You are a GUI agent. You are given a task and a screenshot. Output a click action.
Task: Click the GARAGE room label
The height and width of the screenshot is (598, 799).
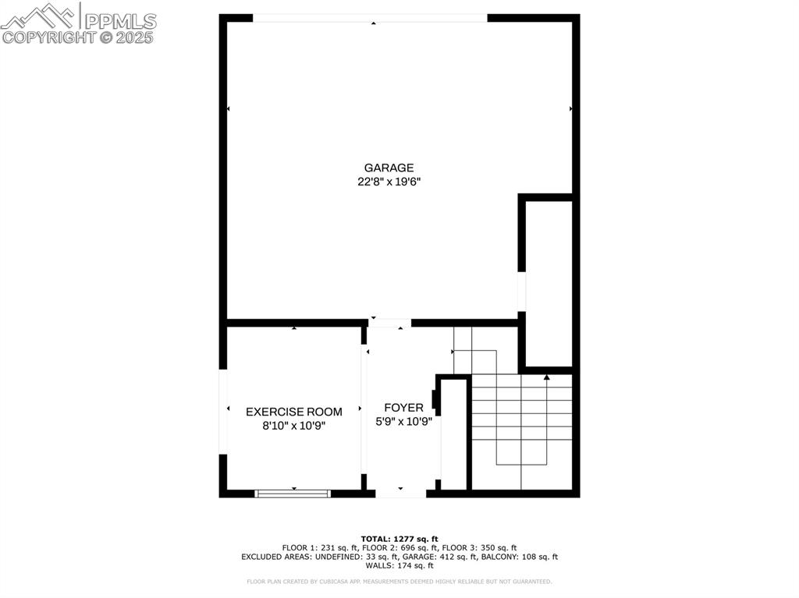click(x=389, y=168)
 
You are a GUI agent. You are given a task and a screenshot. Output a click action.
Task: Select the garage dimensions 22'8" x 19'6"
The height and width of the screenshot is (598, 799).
click(x=389, y=182)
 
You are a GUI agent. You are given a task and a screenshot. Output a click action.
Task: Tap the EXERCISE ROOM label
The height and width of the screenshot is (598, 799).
click(x=294, y=412)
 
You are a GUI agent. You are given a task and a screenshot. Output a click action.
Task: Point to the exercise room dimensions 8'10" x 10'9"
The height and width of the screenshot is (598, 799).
click(x=294, y=426)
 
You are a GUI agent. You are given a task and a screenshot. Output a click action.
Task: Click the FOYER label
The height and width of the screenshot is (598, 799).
click(x=403, y=408)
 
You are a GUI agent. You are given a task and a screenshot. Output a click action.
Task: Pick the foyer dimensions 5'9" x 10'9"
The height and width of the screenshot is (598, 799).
click(x=403, y=422)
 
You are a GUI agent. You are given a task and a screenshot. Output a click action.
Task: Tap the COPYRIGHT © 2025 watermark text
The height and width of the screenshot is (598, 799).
click(x=78, y=37)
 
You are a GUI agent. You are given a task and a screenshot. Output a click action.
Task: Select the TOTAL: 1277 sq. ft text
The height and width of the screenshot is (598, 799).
click(x=399, y=539)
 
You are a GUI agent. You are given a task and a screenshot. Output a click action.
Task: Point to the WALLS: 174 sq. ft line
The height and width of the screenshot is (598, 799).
click(x=399, y=565)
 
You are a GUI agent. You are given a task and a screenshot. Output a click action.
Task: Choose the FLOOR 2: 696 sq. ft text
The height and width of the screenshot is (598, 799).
click(x=399, y=548)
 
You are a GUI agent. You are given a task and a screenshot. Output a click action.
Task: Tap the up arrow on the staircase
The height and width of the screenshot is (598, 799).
click(x=547, y=378)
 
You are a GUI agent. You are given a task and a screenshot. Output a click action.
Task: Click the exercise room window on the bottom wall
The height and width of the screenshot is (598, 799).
click(x=293, y=493)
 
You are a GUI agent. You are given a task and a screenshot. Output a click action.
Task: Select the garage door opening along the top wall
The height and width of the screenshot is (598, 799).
click(x=371, y=18)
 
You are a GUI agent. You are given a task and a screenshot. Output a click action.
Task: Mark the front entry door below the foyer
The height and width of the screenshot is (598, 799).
click(x=400, y=493)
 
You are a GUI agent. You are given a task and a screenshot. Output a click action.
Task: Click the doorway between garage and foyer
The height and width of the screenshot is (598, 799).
click(x=389, y=322)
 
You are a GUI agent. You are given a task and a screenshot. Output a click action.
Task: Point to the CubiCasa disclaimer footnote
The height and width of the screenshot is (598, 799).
click(x=399, y=582)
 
